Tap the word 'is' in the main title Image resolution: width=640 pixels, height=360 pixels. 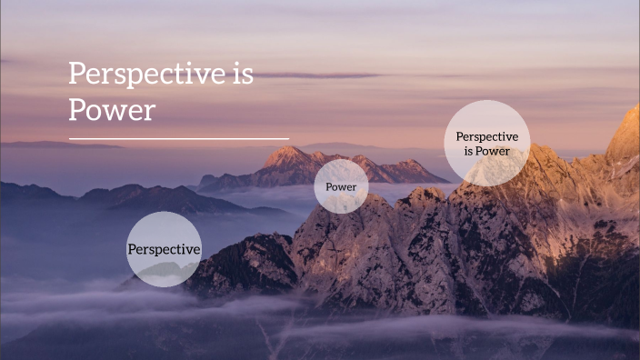[x=239, y=75]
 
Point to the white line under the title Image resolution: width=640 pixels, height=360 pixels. [x=178, y=139]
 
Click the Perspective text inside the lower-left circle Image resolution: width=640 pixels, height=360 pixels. [x=164, y=249]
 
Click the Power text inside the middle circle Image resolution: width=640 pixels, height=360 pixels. [x=341, y=187]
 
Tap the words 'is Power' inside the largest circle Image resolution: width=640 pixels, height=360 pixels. [x=486, y=151]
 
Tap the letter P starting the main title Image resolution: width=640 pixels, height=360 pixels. [x=77, y=75]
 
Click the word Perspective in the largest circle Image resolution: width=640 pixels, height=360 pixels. [x=486, y=136]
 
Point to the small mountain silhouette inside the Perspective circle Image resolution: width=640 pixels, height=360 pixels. [x=164, y=270]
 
